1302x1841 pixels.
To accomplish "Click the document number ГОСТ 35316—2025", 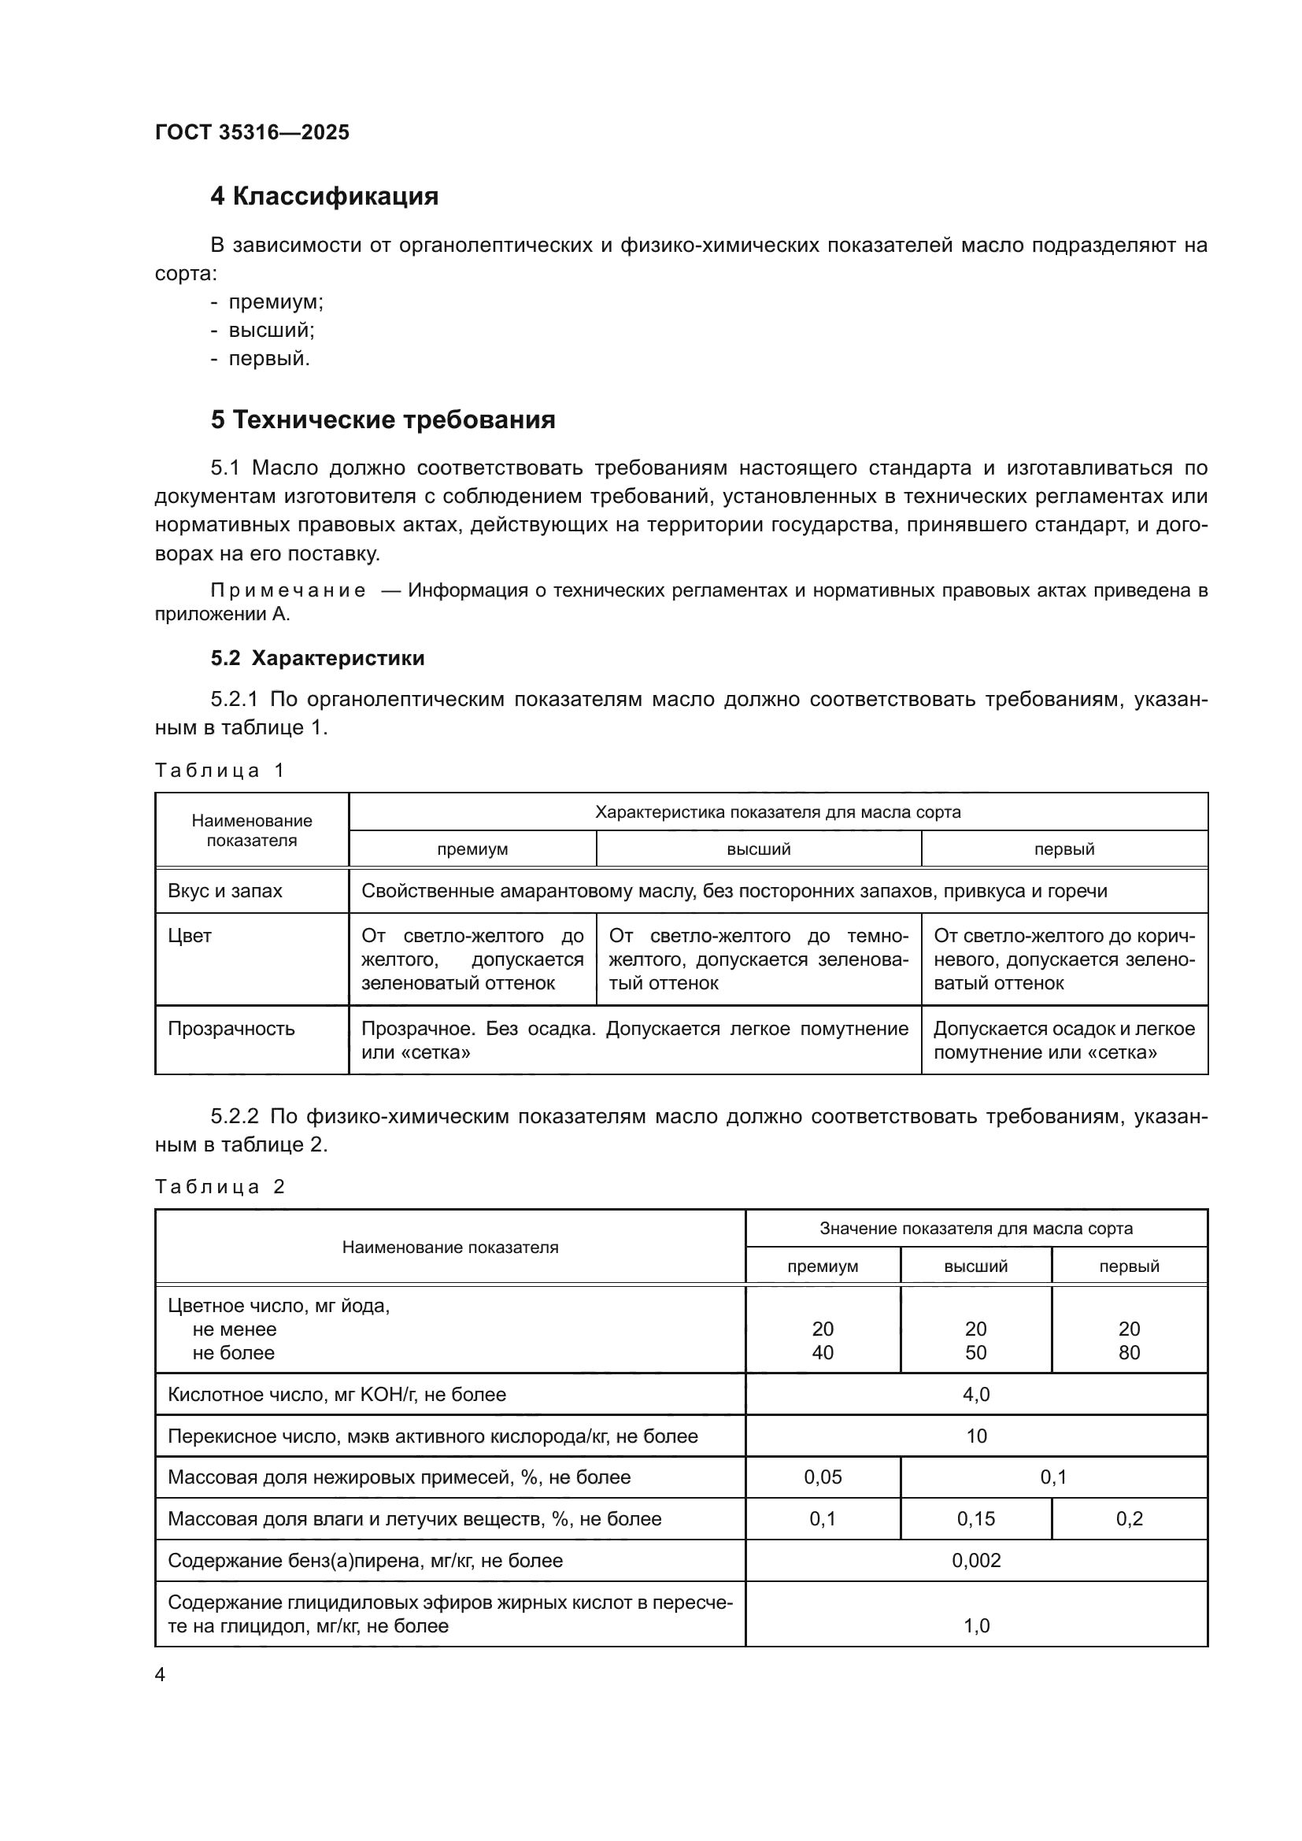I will (x=252, y=132).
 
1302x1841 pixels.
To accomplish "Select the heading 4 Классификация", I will (x=324, y=197).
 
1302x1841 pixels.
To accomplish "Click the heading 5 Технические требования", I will (x=383, y=420).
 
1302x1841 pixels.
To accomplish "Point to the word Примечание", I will (x=288, y=591).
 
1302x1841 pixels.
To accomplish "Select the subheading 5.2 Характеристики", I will (x=317, y=658).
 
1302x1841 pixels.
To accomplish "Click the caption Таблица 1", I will (x=220, y=771).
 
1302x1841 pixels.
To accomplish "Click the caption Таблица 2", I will (x=220, y=1187).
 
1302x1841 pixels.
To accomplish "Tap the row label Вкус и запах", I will (x=224, y=891).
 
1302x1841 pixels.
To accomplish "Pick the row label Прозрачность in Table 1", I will (x=231, y=1029).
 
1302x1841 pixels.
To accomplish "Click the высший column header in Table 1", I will (x=758, y=849).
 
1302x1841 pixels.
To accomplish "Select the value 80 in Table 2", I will (x=1129, y=1353).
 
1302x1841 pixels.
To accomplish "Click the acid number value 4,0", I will (x=975, y=1395).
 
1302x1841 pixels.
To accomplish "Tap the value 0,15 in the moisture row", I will (x=975, y=1518).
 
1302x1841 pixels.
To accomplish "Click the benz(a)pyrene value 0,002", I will (x=975, y=1560).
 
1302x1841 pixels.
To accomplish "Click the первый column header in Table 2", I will (x=1129, y=1266).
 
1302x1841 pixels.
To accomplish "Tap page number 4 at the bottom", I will (x=160, y=1675).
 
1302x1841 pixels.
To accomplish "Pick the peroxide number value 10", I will (x=975, y=1436).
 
